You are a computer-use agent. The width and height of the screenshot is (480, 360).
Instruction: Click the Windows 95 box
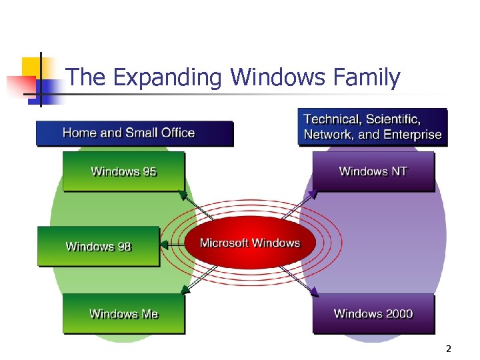[123, 172]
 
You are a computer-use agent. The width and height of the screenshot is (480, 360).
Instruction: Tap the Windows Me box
[123, 314]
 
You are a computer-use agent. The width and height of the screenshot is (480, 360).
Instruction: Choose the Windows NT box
[373, 172]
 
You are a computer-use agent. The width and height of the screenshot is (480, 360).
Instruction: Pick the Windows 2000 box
[373, 314]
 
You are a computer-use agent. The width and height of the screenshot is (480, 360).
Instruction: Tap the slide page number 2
[449, 349]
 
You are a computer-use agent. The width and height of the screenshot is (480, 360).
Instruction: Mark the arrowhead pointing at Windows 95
[182, 195]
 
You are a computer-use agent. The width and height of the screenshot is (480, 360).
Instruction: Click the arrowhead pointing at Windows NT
[313, 195]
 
